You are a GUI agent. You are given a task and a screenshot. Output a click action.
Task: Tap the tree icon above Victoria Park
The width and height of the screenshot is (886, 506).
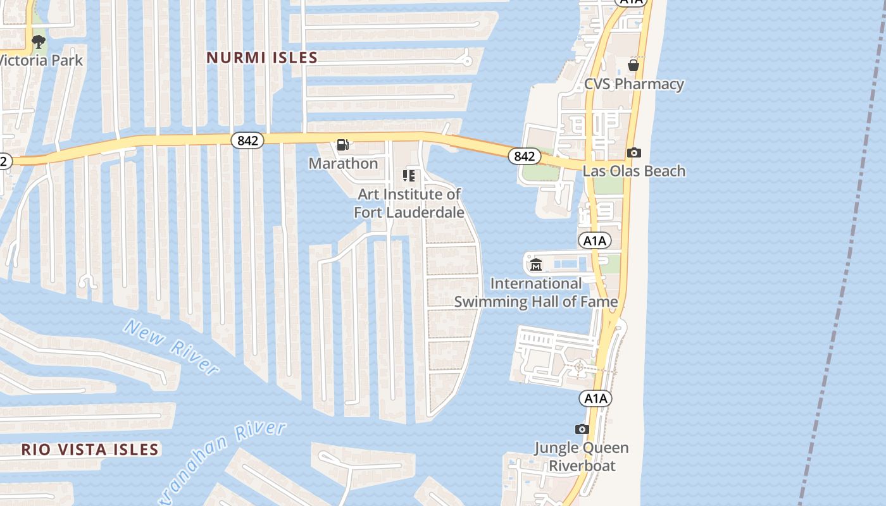coord(39,42)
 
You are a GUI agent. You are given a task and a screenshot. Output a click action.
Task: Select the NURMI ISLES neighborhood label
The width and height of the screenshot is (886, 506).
coord(262,58)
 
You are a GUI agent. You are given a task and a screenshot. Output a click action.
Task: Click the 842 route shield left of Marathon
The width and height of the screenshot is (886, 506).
coord(247,140)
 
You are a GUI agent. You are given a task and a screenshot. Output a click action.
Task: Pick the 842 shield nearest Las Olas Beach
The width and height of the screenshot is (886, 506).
coord(524,156)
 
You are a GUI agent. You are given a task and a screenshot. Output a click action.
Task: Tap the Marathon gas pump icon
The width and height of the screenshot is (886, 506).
coord(342,145)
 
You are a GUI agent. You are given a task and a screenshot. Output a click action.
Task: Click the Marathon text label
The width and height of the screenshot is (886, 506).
coord(343,163)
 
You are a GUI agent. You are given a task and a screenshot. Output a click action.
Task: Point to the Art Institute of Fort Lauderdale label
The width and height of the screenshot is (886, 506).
coord(409,203)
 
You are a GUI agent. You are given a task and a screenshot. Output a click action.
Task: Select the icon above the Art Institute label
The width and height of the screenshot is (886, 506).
coord(409,175)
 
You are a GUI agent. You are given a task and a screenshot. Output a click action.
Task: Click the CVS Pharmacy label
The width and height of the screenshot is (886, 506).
coord(633,84)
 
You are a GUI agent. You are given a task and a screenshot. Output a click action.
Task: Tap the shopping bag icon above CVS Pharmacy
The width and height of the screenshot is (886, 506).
coord(633,65)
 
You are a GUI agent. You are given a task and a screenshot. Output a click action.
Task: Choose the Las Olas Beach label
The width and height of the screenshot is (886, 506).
coord(633,171)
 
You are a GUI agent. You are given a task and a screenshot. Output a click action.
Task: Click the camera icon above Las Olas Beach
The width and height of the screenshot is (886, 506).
coord(633,152)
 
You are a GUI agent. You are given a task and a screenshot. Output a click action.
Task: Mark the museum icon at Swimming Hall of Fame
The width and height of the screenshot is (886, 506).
coord(536,264)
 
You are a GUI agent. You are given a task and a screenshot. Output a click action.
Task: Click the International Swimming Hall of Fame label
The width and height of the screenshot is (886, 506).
coord(535,293)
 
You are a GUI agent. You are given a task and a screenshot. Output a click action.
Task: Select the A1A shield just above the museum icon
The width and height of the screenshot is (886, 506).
coord(594,240)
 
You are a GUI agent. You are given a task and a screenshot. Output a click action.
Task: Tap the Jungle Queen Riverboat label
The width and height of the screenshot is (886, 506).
coord(581,457)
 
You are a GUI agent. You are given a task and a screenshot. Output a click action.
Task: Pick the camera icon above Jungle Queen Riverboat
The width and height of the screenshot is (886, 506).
coord(582,429)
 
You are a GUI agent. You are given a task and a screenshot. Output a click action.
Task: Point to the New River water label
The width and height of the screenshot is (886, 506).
coord(171,347)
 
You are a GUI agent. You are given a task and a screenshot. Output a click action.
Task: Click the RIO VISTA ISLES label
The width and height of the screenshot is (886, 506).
coord(89,450)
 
